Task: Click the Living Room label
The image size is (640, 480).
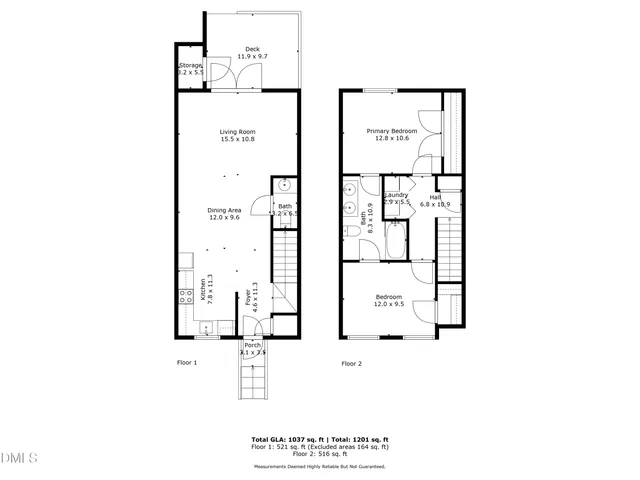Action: click(238, 135)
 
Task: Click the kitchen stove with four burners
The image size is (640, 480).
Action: click(185, 295)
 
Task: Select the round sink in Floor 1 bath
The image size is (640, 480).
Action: click(284, 186)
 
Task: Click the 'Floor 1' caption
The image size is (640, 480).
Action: click(187, 363)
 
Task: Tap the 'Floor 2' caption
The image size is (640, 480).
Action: click(350, 364)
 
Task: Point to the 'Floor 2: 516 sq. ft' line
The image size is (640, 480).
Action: click(319, 455)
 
